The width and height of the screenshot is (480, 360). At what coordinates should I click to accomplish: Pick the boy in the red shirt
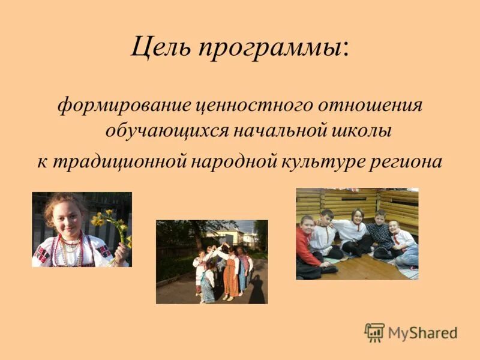308,245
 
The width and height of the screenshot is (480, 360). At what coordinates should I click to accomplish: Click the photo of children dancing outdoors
212,262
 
